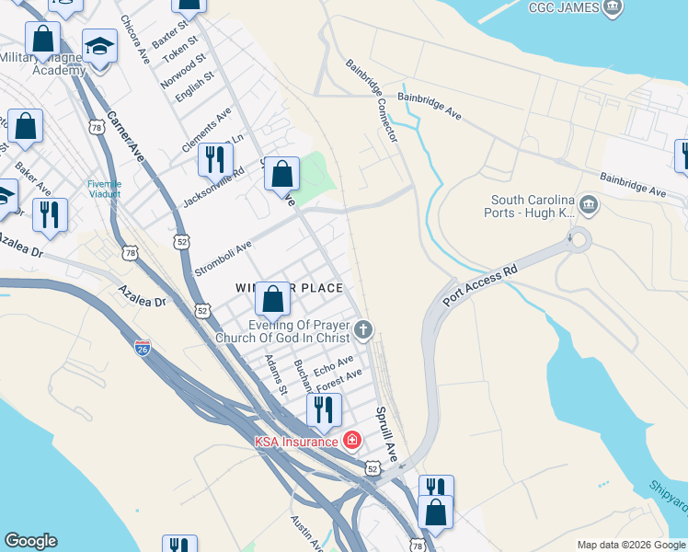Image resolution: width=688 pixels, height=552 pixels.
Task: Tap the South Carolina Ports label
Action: (x=533, y=206)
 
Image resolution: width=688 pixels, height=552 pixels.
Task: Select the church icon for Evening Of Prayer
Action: (x=364, y=329)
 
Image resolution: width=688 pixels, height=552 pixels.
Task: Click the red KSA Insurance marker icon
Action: (x=350, y=442)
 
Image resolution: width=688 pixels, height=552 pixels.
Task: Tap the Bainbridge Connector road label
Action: (x=372, y=101)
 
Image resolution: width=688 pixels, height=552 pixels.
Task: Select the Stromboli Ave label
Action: (x=223, y=259)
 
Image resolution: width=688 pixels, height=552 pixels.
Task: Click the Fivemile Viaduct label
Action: (x=104, y=189)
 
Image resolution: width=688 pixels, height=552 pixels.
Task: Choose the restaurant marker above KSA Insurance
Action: (x=323, y=409)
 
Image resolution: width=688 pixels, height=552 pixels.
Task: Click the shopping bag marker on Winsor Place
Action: (x=272, y=298)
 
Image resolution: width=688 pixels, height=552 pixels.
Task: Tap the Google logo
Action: (x=30, y=541)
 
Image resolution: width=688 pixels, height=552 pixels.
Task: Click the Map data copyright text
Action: (x=631, y=545)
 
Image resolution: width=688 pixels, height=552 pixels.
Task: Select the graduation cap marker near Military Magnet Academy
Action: (x=99, y=47)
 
